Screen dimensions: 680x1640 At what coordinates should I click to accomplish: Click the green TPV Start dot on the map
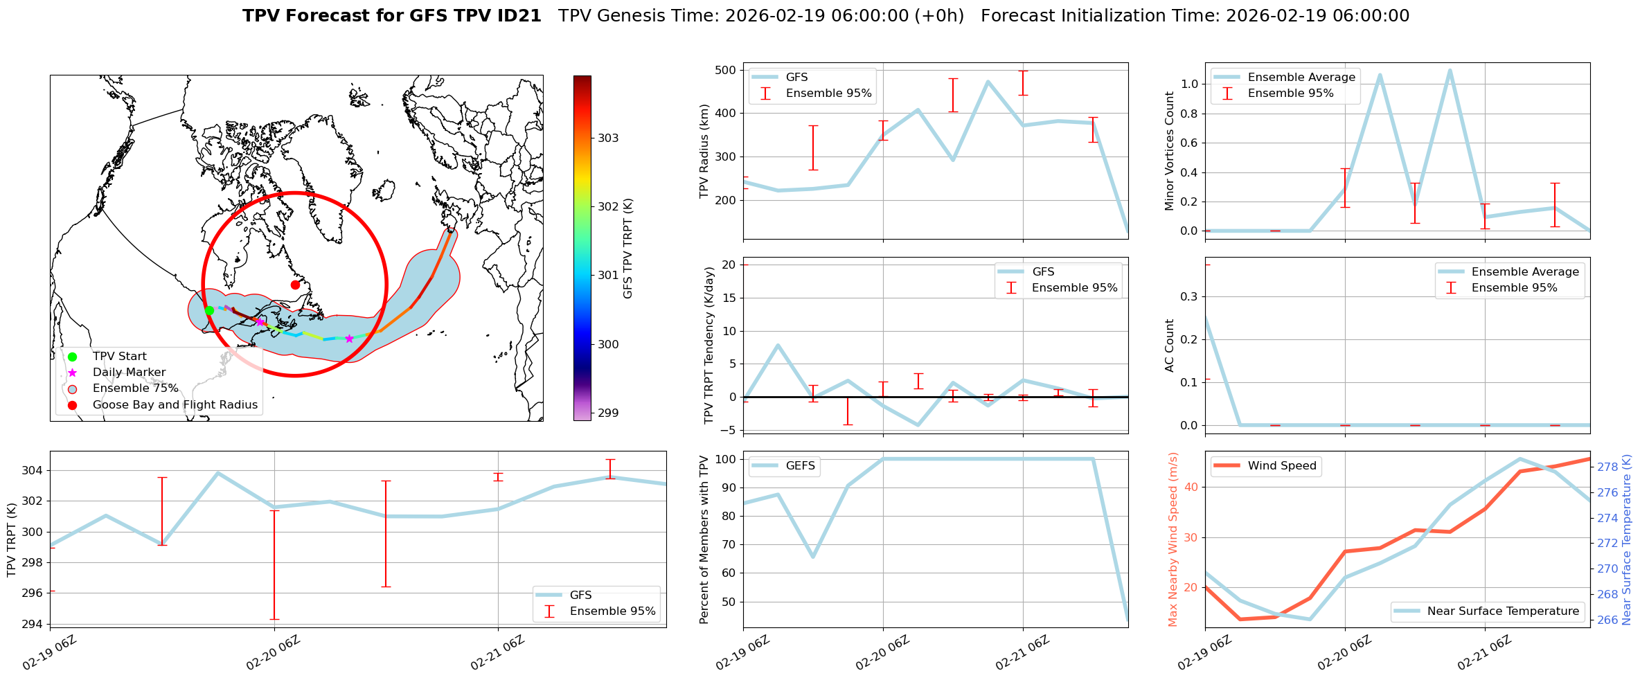209,310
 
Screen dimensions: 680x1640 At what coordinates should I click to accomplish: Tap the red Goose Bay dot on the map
295,285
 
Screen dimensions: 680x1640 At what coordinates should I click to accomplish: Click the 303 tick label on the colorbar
608,138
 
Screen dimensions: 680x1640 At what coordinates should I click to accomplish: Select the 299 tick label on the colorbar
608,413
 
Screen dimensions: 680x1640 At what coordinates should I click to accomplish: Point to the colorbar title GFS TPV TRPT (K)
628,248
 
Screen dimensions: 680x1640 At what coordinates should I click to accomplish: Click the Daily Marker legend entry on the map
129,373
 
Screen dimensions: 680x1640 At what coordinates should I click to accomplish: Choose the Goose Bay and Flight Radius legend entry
175,404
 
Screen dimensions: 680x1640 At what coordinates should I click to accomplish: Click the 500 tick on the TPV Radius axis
725,70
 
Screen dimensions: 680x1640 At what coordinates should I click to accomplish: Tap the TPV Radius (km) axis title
704,151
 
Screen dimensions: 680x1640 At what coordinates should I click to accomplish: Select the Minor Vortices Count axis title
1170,151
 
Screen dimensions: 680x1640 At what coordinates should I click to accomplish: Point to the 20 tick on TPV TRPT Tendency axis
729,265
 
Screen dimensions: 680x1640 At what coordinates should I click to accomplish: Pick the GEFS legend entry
800,465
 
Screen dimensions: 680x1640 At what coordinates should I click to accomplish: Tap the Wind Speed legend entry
1281,465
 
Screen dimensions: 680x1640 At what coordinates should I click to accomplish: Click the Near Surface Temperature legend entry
1503,611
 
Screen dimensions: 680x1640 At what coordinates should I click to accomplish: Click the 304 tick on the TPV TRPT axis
32,470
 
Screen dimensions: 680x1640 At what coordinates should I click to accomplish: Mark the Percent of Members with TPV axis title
704,539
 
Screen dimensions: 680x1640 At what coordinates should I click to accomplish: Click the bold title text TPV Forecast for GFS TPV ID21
391,16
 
